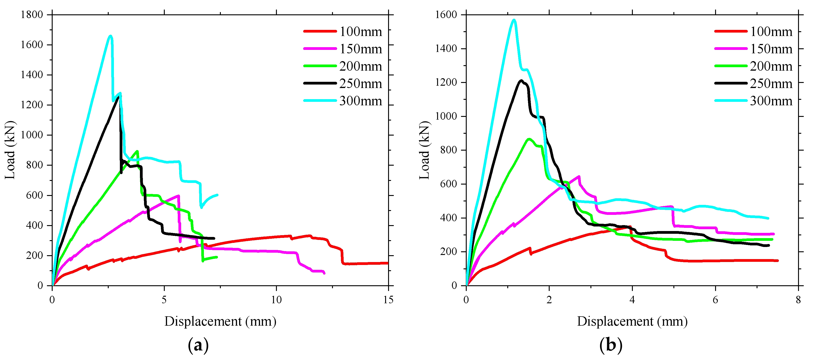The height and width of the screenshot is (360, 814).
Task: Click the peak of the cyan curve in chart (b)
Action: pyautogui.click(x=514, y=20)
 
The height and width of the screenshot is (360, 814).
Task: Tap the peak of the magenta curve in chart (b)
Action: pyautogui.click(x=579, y=176)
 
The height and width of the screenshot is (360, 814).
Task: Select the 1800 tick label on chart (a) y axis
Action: pyautogui.click(x=32, y=15)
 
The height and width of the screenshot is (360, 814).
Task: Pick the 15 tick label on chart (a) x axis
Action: pyautogui.click(x=388, y=300)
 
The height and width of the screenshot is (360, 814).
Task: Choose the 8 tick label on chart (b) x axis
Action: pyautogui.click(x=798, y=300)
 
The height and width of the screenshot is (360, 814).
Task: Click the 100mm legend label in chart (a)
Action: pyautogui.click(x=361, y=32)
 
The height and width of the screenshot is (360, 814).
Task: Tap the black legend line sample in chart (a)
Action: pyautogui.click(x=320, y=83)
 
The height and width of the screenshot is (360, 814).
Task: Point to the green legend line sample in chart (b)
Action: pyautogui.click(x=731, y=66)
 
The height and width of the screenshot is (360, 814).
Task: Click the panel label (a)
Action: pyautogui.click(x=198, y=345)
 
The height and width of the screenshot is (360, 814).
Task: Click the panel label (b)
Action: pyautogui.click(x=610, y=345)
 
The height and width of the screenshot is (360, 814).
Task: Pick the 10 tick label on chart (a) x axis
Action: pyautogui.click(x=276, y=300)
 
